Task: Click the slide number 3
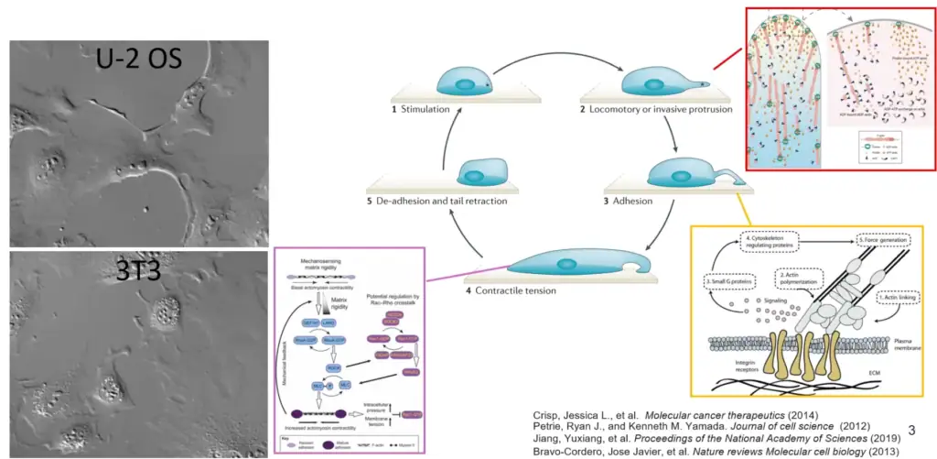pos(911,429)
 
